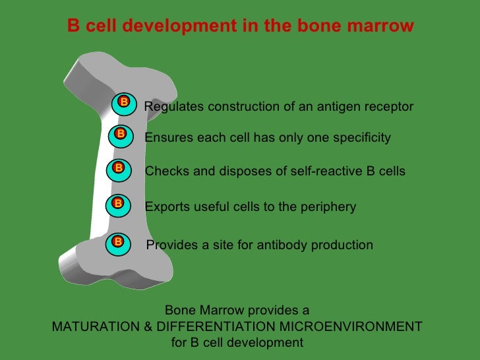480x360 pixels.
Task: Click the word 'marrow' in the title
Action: pyautogui.click(x=383, y=26)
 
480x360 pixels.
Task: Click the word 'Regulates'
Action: pyautogui.click(x=172, y=107)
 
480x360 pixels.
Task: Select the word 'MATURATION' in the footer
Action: pyautogui.click(x=94, y=327)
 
